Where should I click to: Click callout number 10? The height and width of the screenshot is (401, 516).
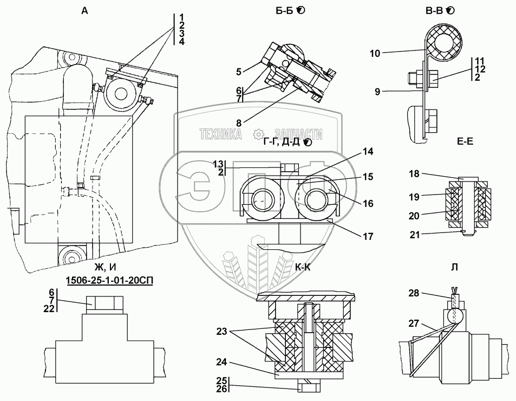[x=375, y=53]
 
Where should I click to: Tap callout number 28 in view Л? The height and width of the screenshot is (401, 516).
[x=414, y=293]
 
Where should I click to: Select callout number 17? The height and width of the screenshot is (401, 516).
[x=368, y=236]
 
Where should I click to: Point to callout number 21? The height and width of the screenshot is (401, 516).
[x=415, y=235]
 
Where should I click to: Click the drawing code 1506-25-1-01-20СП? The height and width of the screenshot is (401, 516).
[x=109, y=281]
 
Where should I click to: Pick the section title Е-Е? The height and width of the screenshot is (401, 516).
[x=465, y=141]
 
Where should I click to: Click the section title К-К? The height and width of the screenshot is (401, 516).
[x=303, y=267]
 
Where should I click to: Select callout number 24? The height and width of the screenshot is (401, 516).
[x=221, y=362]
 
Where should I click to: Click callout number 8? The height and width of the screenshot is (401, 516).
[x=239, y=123]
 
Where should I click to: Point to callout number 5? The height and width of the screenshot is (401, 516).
[x=239, y=72]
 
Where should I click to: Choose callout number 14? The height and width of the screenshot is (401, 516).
[x=368, y=151]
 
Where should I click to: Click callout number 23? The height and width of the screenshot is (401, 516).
[x=221, y=331]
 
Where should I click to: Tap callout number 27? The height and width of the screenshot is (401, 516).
[x=414, y=324]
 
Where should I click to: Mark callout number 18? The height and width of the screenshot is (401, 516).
[x=414, y=174]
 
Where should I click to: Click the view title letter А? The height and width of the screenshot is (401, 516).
[x=84, y=11]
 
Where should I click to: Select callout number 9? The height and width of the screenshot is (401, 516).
[x=377, y=92]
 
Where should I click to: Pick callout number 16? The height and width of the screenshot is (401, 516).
[x=368, y=203]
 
